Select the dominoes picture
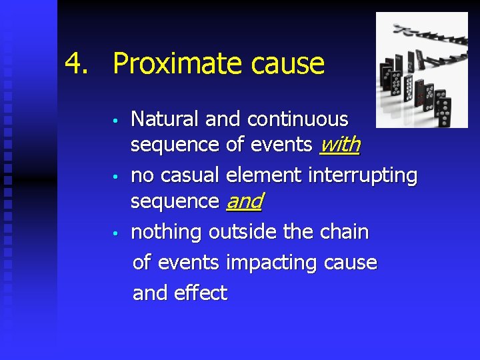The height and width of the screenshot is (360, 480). point(421,70)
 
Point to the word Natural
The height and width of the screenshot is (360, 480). point(165,119)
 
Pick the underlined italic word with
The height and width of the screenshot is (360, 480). point(340,145)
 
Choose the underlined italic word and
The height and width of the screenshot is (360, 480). point(244,201)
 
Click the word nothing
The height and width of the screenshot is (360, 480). point(167,232)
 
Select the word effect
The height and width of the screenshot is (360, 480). point(204,293)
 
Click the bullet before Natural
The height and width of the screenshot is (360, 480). point(116,121)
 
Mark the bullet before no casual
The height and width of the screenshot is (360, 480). point(116,177)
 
